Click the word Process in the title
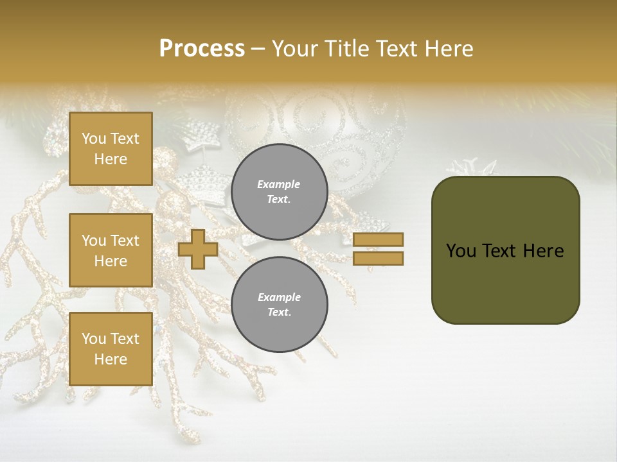(x=202, y=49)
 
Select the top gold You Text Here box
(x=111, y=149)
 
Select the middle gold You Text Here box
(x=111, y=250)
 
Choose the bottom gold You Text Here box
(x=111, y=349)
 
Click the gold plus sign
(x=198, y=250)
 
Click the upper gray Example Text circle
(x=280, y=192)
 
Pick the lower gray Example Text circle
(x=280, y=305)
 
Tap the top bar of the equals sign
(x=379, y=239)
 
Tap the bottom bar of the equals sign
(x=379, y=258)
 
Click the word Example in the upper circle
(x=279, y=184)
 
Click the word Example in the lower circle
(x=279, y=297)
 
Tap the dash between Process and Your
(x=258, y=49)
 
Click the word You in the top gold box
(x=93, y=139)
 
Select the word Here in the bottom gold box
(x=111, y=359)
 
